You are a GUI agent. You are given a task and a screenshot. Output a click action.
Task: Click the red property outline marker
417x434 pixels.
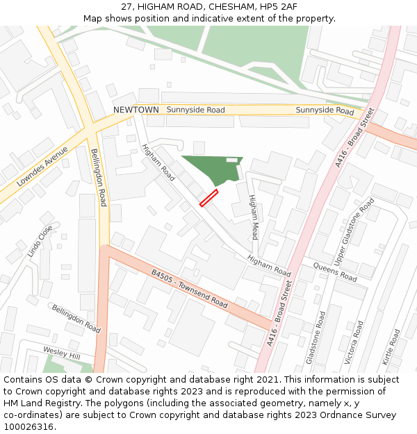pos(208,198)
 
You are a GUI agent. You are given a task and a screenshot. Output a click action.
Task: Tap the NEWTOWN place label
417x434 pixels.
pos(136,110)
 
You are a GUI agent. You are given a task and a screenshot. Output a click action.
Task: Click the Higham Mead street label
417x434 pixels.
pos(254,217)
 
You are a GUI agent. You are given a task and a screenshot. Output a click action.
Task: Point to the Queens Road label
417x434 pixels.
pos(335,272)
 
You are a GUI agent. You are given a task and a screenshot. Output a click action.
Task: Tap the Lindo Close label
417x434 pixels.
pos(40,242)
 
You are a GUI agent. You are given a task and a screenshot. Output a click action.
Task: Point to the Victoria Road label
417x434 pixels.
pos(354,342)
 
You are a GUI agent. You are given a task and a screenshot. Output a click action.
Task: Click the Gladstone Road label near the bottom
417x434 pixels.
pos(315,337)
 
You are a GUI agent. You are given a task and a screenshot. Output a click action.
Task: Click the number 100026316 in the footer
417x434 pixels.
pos(28,426)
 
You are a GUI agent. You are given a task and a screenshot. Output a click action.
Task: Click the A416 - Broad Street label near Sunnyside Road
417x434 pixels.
pos(354,136)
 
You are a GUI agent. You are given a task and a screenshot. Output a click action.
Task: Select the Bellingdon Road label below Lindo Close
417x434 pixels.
pos(76,317)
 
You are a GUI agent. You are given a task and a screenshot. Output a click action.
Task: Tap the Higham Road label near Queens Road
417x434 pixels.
pos(269,266)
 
